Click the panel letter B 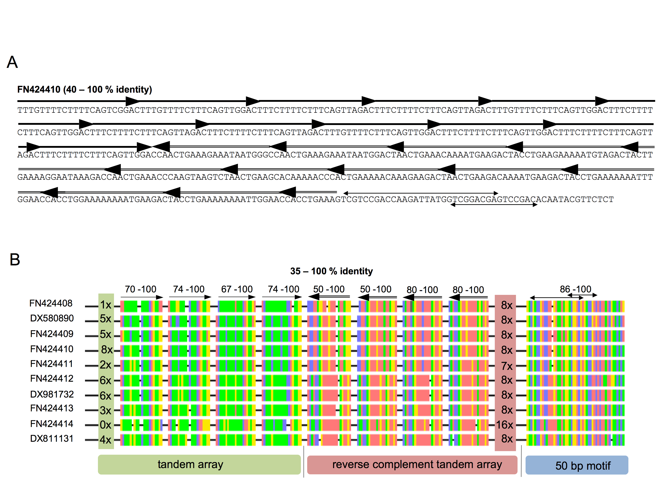point(15,259)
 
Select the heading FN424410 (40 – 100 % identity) point(85,90)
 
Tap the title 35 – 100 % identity point(331,271)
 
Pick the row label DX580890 point(52,318)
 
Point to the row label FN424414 point(52,424)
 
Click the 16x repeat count point(504,425)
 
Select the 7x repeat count point(507,366)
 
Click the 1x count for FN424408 point(106,305)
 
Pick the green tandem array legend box point(199,465)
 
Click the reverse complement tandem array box point(412,465)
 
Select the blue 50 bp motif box point(577,465)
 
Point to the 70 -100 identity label point(141,289)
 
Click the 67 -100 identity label point(237,289)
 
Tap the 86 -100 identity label point(576,289)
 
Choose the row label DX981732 point(52,394)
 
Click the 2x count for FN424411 point(106,365)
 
